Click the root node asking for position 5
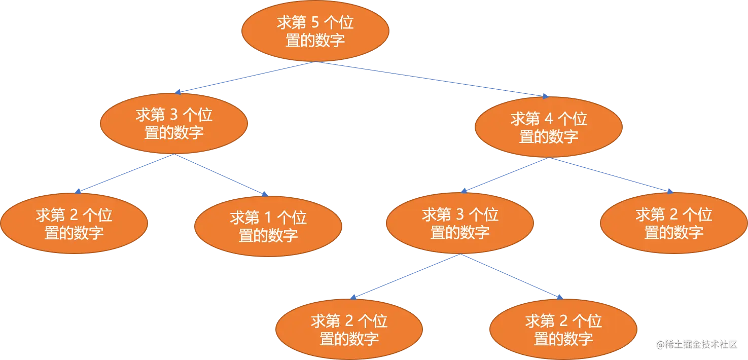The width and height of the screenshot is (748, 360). pyautogui.click(x=315, y=31)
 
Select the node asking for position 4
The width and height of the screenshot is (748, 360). pyautogui.click(x=548, y=127)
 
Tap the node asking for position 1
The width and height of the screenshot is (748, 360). pyautogui.click(x=268, y=226)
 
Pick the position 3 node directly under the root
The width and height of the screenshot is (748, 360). pyautogui.click(x=174, y=123)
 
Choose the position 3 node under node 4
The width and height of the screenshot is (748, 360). pyautogui.click(x=459, y=223)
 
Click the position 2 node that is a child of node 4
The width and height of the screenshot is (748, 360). pyautogui.click(x=673, y=223)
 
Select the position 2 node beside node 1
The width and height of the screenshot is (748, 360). pyautogui.click(x=74, y=224)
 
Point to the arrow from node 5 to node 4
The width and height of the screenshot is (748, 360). pyautogui.click(x=431, y=79)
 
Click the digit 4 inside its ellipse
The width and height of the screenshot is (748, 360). pyautogui.click(x=548, y=119)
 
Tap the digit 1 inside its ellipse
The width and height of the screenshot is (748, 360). pyautogui.click(x=269, y=218)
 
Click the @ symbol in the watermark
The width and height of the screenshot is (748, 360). pyautogui.click(x=660, y=344)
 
